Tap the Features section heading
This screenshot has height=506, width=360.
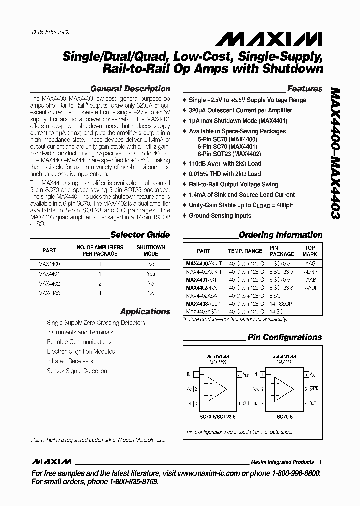305,89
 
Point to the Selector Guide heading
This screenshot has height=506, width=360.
140,235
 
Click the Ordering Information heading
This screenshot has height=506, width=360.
281,235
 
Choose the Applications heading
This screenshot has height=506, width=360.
145,312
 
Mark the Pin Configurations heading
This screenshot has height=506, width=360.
285,337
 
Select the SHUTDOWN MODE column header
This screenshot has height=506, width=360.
151,250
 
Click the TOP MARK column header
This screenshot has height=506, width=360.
310,250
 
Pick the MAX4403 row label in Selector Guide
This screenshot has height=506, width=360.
49,294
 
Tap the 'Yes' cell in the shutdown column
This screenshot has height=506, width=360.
151,274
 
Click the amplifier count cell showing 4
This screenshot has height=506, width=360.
100,294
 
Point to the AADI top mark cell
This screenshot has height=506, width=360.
311,288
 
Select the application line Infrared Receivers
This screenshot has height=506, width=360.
70,361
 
